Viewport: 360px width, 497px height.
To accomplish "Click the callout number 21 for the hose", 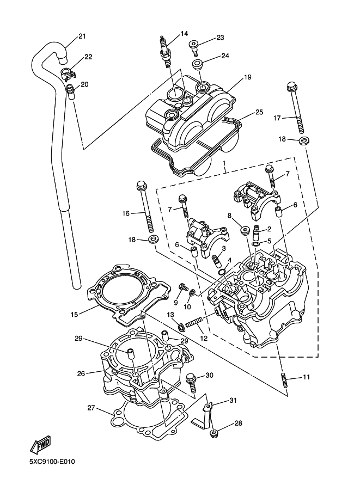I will [x=82, y=36].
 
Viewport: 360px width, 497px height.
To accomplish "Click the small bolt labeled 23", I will [x=194, y=46].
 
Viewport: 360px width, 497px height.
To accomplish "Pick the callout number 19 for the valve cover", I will [x=247, y=77].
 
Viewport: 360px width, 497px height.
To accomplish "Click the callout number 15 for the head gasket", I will [x=75, y=314].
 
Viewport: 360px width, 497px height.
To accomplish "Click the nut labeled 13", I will [x=179, y=327].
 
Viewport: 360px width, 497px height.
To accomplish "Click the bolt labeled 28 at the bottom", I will [x=215, y=433].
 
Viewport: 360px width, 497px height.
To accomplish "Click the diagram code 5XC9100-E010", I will [x=52, y=463].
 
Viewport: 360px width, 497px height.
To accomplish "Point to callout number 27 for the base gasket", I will [x=91, y=407].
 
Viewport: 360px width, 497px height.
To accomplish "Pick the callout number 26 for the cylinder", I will [x=81, y=373].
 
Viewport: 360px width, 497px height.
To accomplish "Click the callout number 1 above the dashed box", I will [x=223, y=162].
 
